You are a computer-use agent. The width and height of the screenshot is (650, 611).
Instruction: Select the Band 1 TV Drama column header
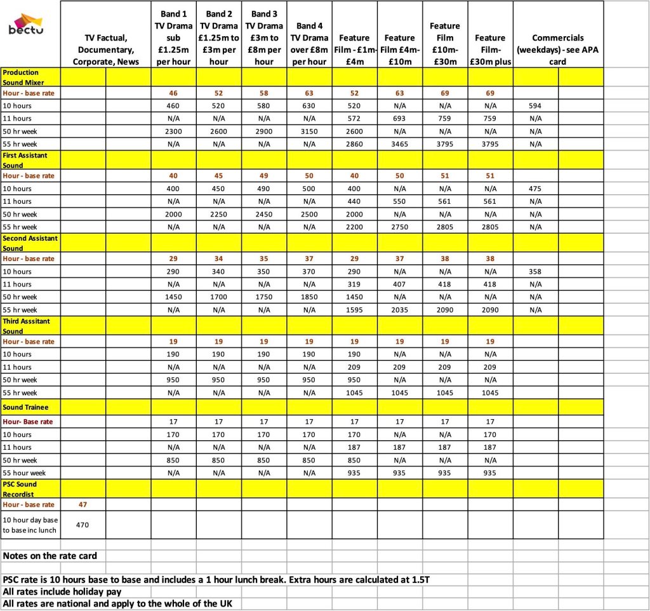coord(173,38)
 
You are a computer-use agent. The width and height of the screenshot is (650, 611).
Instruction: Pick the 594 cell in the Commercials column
coord(535,105)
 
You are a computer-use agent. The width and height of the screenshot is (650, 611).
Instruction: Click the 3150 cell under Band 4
coord(308,131)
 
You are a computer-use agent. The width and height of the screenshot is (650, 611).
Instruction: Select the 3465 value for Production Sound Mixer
coord(399,144)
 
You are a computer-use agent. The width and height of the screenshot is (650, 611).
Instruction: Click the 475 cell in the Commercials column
coord(535,189)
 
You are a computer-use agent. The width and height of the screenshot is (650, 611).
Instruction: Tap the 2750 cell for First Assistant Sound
coord(399,227)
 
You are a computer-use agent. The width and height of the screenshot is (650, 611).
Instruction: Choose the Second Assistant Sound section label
coord(30,243)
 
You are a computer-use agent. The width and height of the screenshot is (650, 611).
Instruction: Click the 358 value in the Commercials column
coord(535,271)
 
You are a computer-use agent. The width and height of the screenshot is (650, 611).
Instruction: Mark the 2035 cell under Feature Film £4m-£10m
coord(399,310)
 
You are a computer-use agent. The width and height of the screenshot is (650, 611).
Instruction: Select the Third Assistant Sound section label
coord(27,326)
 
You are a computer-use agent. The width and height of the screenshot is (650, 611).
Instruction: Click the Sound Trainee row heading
coord(25,407)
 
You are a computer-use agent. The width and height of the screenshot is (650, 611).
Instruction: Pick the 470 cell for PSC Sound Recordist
coord(83,525)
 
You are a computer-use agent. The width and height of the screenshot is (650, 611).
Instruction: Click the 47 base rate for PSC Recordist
coord(83,505)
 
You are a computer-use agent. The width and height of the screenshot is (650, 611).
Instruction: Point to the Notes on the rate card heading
coord(50,556)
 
